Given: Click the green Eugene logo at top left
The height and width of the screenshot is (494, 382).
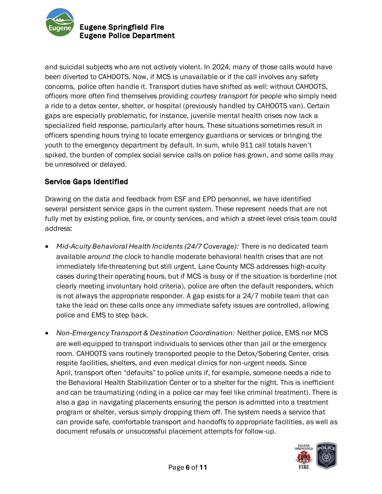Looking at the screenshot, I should tap(60, 22).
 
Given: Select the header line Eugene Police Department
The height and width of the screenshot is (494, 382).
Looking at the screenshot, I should tap(127, 36).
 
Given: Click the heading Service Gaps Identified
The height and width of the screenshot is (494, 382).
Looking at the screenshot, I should tap(86, 182).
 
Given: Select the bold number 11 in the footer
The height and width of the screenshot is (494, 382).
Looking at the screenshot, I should tap(203, 467).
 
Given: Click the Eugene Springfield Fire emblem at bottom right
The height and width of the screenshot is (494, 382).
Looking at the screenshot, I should tap(303, 456).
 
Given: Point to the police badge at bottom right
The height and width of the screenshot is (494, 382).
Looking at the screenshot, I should tap(327, 456).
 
